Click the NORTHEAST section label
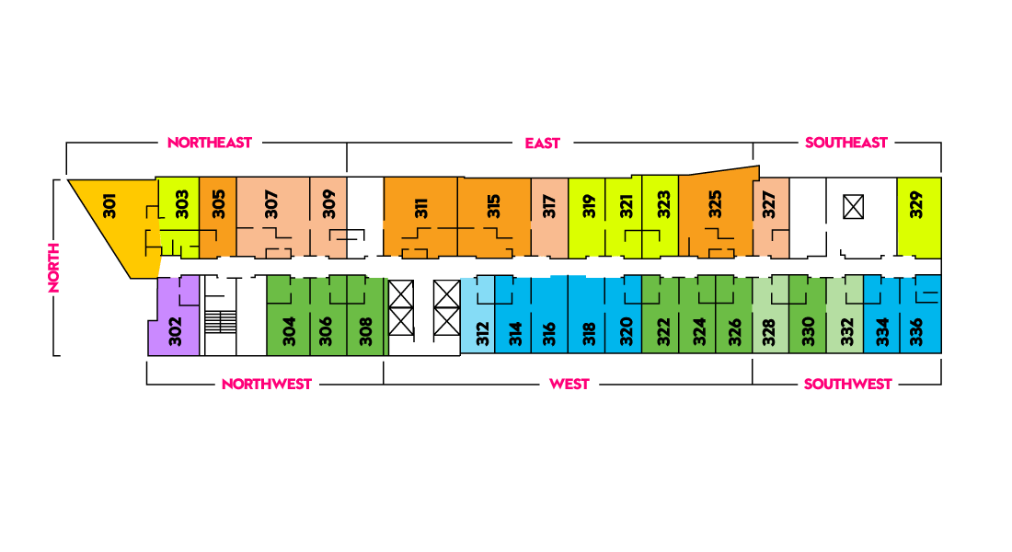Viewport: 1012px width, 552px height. click(x=209, y=143)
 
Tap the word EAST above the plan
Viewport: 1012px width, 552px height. click(x=542, y=144)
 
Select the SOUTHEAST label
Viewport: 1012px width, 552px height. click(x=846, y=143)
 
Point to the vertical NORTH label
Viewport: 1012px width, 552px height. click(x=53, y=268)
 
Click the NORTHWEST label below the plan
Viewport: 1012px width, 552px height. click(x=267, y=385)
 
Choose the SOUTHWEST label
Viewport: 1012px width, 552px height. click(x=847, y=385)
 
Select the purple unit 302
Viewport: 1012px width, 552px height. click(x=172, y=317)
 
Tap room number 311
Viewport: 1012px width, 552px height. click(x=420, y=209)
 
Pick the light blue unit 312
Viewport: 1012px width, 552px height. click(x=477, y=315)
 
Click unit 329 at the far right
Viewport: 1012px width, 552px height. click(x=919, y=218)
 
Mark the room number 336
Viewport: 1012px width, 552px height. click(x=915, y=332)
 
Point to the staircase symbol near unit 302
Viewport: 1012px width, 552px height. click(x=220, y=321)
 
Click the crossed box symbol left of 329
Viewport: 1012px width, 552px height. click(x=853, y=208)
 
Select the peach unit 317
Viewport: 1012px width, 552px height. click(x=549, y=218)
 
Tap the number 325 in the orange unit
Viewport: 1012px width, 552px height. click(x=715, y=204)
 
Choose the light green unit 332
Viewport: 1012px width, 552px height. click(x=845, y=315)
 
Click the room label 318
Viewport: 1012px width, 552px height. click(x=588, y=335)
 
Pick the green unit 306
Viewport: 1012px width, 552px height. click(x=328, y=316)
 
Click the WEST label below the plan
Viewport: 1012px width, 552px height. click(x=569, y=385)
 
